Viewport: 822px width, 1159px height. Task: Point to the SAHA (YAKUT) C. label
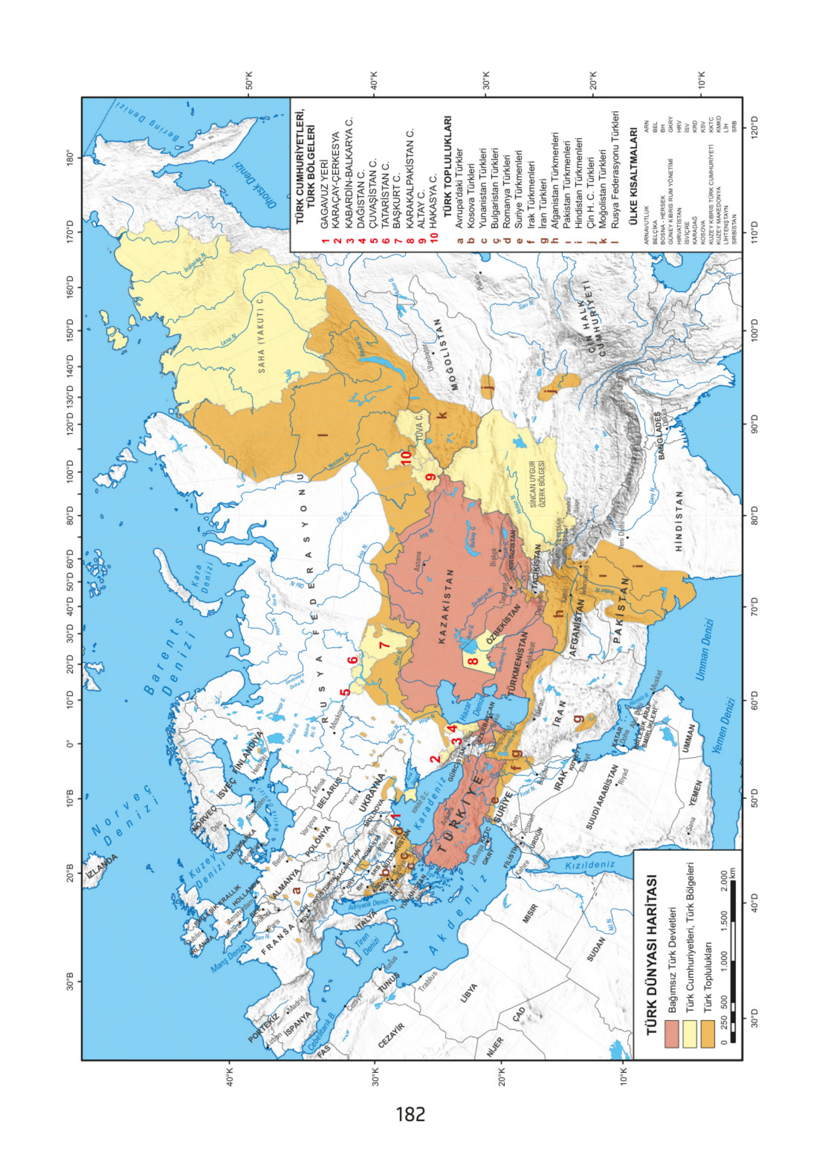261,333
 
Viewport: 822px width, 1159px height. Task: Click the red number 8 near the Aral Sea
475,661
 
